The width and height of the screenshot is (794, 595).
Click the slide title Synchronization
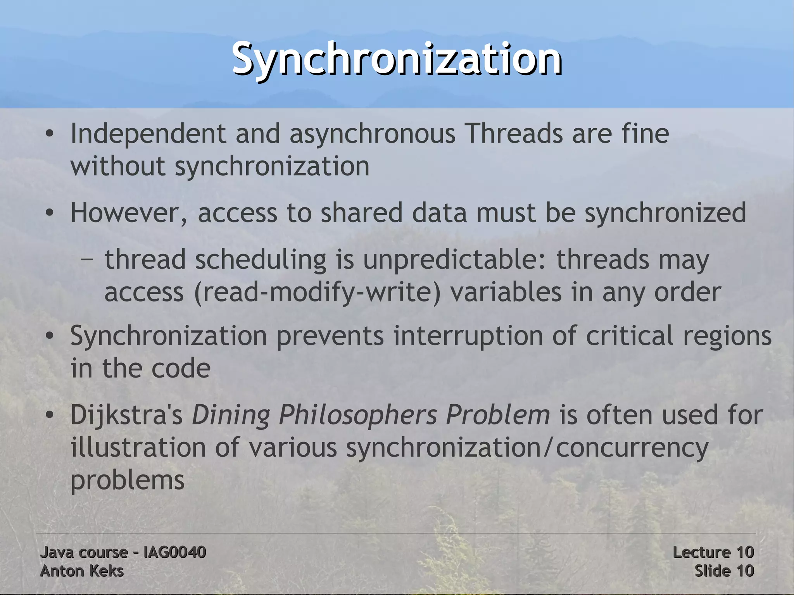point(397,59)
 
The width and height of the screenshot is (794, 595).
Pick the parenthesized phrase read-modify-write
point(318,292)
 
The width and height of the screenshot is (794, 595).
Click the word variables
point(506,292)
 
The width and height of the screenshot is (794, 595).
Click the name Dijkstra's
point(126,415)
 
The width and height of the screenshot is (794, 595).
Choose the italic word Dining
point(231,415)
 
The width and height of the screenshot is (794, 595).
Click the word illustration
point(138,448)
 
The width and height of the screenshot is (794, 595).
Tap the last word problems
point(127,481)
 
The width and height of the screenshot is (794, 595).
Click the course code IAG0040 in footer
point(174,552)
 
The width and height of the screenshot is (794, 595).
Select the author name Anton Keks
point(82,571)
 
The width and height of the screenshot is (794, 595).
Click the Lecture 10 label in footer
point(713,552)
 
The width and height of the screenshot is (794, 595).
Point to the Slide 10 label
point(724,571)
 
